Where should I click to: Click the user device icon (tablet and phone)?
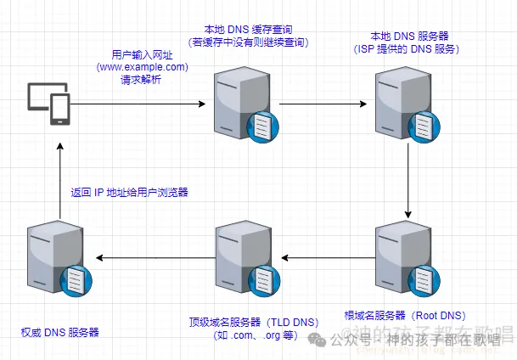click(48, 104)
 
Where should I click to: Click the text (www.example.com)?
click(142, 66)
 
